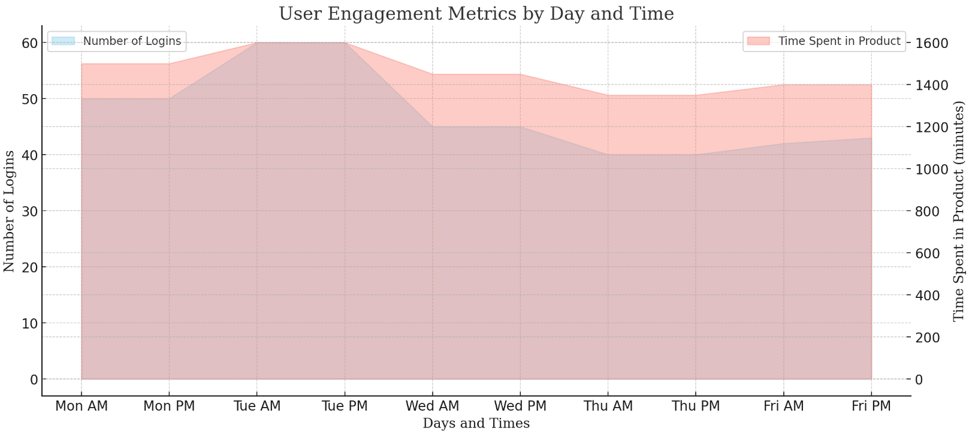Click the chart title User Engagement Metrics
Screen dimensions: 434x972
pyautogui.click(x=476, y=13)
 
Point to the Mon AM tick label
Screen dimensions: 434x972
pyautogui.click(x=81, y=406)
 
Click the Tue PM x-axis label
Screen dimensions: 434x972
pyautogui.click(x=345, y=406)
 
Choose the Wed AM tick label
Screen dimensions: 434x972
pyautogui.click(x=432, y=406)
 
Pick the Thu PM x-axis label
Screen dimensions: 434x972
pyautogui.click(x=696, y=406)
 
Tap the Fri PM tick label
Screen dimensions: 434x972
pyautogui.click(x=871, y=406)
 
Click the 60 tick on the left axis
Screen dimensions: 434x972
pyautogui.click(x=29, y=43)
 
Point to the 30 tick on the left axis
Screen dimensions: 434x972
pyautogui.click(x=29, y=212)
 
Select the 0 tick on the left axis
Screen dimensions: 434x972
pyautogui.click(x=33, y=380)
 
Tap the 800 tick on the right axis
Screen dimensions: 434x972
pyautogui.click(x=928, y=212)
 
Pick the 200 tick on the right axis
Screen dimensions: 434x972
pyautogui.click(x=928, y=338)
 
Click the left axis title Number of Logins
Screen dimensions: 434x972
pyautogui.click(x=10, y=211)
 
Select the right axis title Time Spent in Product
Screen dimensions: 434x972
pyautogui.click(x=959, y=211)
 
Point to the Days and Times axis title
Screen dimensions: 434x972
pyautogui.click(x=476, y=424)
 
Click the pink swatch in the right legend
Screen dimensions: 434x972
pyautogui.click(x=758, y=41)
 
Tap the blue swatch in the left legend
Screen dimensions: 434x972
pyautogui.click(x=64, y=41)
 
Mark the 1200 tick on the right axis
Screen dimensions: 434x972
pyautogui.click(x=931, y=128)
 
